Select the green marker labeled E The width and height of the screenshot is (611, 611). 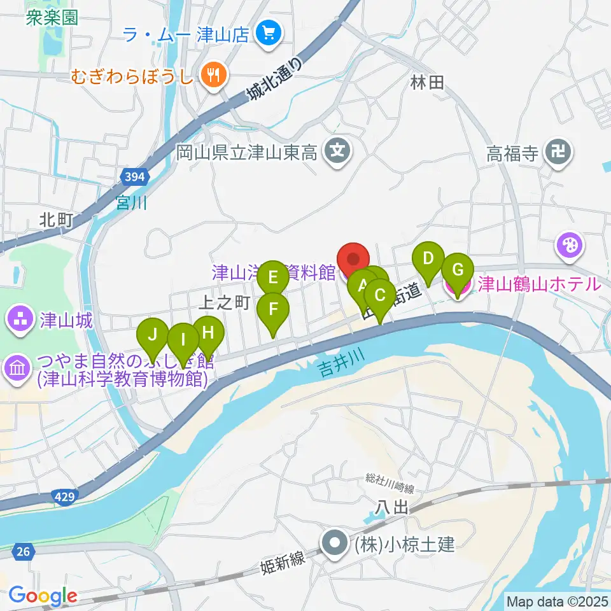[273, 277]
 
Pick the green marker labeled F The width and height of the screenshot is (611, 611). [273, 310]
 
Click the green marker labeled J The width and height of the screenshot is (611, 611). [152, 334]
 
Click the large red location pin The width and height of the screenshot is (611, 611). [353, 261]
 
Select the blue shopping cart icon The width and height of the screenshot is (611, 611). [266, 34]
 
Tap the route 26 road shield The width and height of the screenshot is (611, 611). [23, 552]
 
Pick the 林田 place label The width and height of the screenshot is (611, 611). [426, 81]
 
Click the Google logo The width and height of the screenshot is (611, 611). [43, 596]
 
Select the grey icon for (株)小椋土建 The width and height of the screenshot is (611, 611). [334, 544]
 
